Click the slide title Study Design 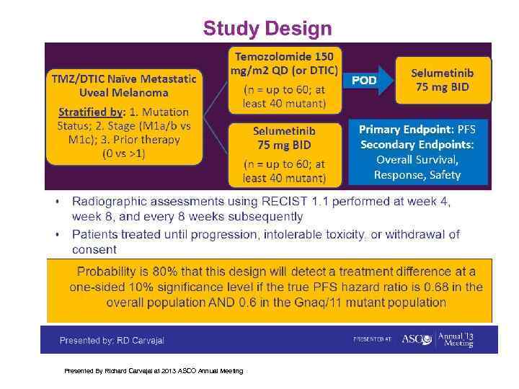pyautogui.click(x=267, y=29)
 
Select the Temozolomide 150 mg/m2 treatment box pyautogui.click(x=285, y=79)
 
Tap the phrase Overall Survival pyautogui.click(x=417, y=160)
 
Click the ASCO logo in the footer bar pyautogui.click(x=416, y=339)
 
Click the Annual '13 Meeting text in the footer pyautogui.click(x=458, y=339)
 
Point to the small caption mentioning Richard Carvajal pyautogui.click(x=154, y=371)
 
